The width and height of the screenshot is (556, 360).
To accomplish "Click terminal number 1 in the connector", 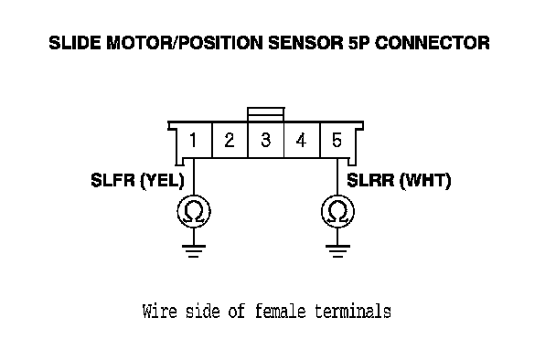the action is [x=193, y=140].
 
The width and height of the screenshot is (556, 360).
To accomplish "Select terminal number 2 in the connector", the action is [x=230, y=140].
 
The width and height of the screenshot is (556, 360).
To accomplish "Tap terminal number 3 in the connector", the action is [x=265, y=140].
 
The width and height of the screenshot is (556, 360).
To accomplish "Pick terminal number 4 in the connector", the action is [x=301, y=140].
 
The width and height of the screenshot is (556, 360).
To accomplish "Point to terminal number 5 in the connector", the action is [x=337, y=140].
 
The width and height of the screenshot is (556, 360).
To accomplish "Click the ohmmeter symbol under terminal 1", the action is [x=194, y=212].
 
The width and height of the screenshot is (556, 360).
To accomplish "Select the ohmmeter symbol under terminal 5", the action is [x=337, y=212].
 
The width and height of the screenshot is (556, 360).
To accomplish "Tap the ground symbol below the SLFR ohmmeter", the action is [x=194, y=250].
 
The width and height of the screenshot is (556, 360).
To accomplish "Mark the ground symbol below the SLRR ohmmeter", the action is [x=337, y=250].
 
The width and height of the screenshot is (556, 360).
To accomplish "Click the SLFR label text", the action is [x=113, y=180].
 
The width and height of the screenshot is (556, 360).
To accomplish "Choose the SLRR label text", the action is [x=370, y=180].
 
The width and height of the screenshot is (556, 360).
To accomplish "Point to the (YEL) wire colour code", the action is [x=163, y=181].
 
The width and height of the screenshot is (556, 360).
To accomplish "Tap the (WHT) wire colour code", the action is [x=425, y=181].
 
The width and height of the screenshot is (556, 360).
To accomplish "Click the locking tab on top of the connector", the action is [x=265, y=114].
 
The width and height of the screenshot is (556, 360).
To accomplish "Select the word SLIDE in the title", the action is [x=75, y=43].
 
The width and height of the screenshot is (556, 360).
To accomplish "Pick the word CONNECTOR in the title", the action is [x=432, y=43].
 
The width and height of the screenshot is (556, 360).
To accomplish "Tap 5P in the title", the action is [x=358, y=43].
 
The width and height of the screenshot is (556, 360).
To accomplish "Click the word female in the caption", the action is [x=280, y=312].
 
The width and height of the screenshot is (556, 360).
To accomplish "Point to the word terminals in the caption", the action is [x=353, y=312].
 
